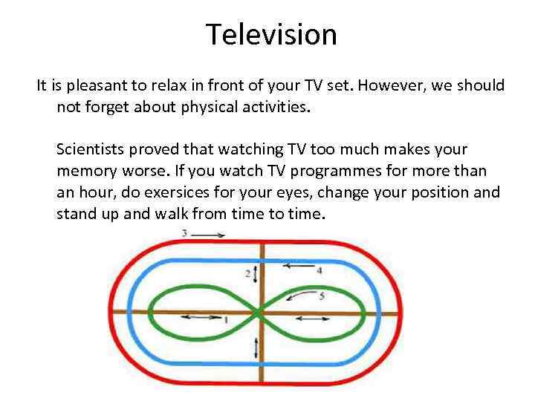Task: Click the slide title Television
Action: pyautogui.click(x=271, y=33)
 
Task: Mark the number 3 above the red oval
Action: pyautogui.click(x=184, y=234)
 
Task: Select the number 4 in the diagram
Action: pyautogui.click(x=319, y=271)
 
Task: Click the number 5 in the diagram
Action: pyautogui.click(x=321, y=296)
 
